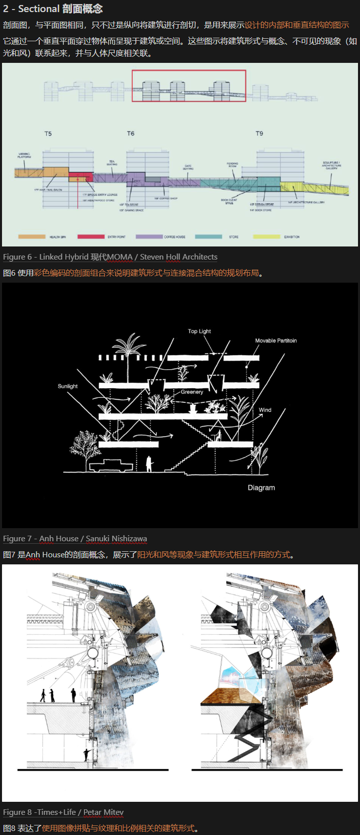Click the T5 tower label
(48, 134)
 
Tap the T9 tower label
(259, 134)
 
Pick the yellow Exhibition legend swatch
(266, 236)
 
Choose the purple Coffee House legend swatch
(149, 236)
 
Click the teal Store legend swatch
(208, 236)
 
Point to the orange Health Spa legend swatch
(32, 236)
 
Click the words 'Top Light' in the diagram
(199, 331)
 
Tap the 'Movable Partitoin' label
(276, 341)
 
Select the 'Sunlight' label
(67, 386)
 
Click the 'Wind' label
(265, 410)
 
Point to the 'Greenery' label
(192, 392)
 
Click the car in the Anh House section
(111, 465)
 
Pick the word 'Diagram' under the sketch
(261, 488)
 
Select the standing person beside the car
(149, 464)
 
